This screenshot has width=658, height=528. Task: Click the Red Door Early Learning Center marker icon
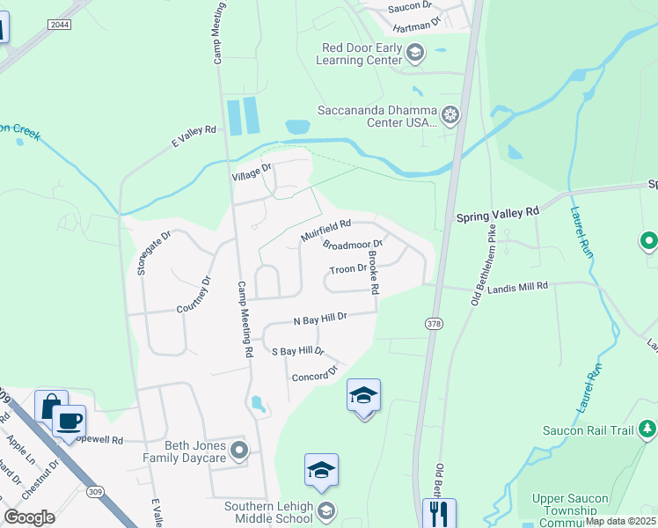coord(415,54)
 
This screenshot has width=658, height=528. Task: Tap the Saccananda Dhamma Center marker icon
coord(450,114)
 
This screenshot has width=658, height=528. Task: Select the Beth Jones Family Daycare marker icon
coord(239,452)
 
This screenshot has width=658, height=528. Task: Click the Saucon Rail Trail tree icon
coord(647,429)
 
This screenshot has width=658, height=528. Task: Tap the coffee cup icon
coord(69,420)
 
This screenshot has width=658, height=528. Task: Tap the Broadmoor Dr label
coord(353,246)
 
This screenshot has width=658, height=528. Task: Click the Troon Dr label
coord(347,269)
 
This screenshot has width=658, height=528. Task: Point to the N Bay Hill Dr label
coord(320,317)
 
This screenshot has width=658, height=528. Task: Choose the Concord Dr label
coord(314,374)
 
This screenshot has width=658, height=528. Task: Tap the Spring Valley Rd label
coord(496,213)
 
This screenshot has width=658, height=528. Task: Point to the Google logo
coord(29,517)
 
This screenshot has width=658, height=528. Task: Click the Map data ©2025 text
coord(619,521)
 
